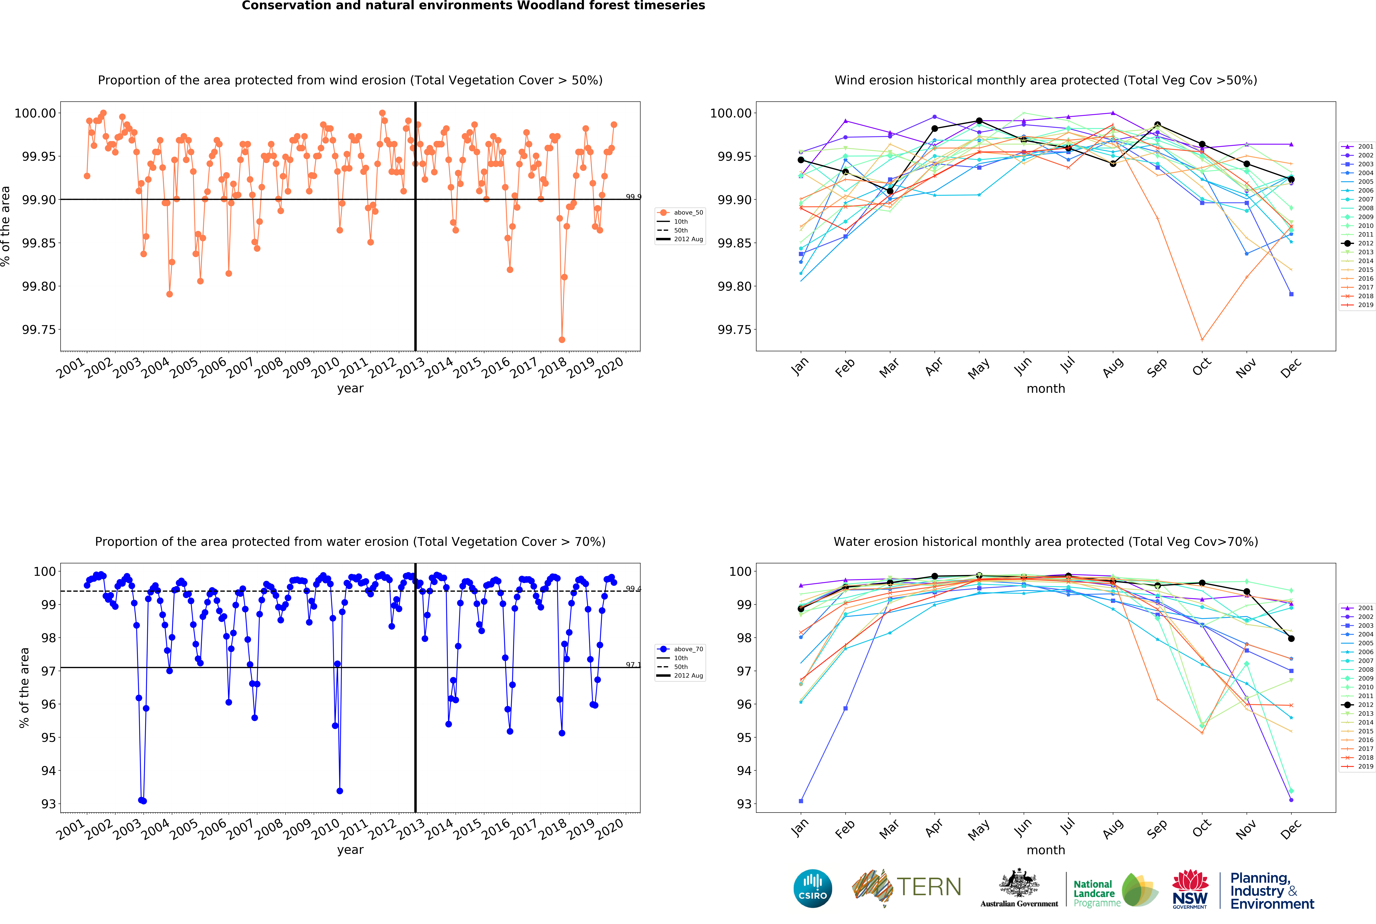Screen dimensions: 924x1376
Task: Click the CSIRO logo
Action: (x=812, y=888)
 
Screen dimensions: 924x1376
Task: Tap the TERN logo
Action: (x=907, y=887)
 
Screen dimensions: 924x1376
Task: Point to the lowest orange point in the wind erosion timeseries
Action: (x=562, y=339)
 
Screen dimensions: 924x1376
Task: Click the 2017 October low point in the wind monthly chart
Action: (x=1202, y=339)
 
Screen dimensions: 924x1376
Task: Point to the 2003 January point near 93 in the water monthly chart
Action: (x=801, y=801)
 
